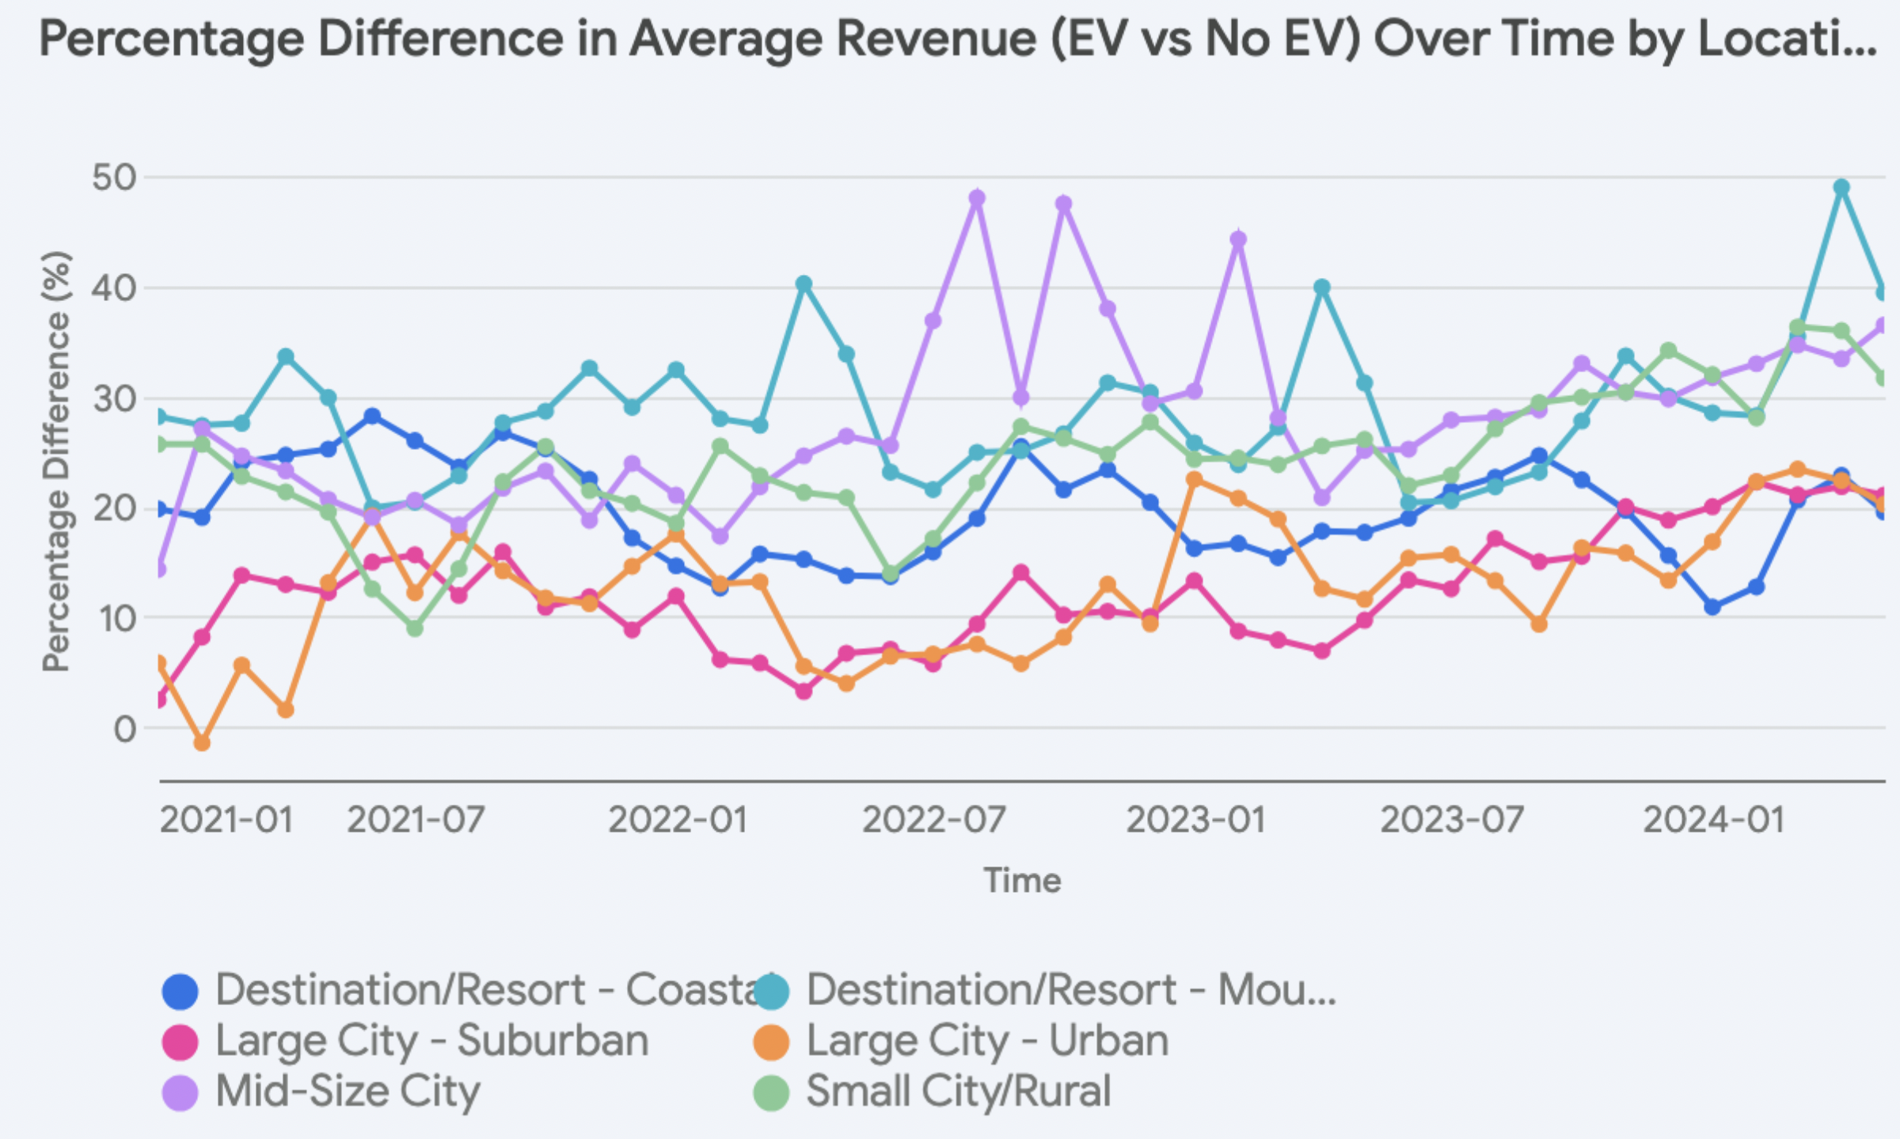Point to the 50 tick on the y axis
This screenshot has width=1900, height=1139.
pyautogui.click(x=114, y=177)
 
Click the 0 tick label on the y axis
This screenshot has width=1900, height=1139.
pyautogui.click(x=125, y=729)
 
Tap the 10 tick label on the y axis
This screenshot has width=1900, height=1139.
pyautogui.click(x=114, y=619)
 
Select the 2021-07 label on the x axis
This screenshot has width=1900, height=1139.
pyautogui.click(x=416, y=819)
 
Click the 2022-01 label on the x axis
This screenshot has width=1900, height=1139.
pyautogui.click(x=678, y=819)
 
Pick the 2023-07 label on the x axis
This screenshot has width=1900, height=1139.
pyautogui.click(x=1452, y=819)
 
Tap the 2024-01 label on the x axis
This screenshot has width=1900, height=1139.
pyautogui.click(x=1714, y=819)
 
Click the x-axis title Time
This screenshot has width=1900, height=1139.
pyautogui.click(x=1022, y=881)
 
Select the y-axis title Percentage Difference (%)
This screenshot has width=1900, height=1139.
pyautogui.click(x=57, y=461)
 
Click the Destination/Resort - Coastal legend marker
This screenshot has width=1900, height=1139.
pyautogui.click(x=180, y=991)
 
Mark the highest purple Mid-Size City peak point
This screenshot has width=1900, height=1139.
pyautogui.click(x=977, y=198)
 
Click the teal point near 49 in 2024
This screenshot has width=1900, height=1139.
pyautogui.click(x=1841, y=188)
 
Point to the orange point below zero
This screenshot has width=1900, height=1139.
pyautogui.click(x=202, y=743)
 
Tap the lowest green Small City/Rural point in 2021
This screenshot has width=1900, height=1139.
pyautogui.click(x=415, y=628)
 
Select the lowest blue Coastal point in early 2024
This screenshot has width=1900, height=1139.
pyautogui.click(x=1712, y=607)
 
